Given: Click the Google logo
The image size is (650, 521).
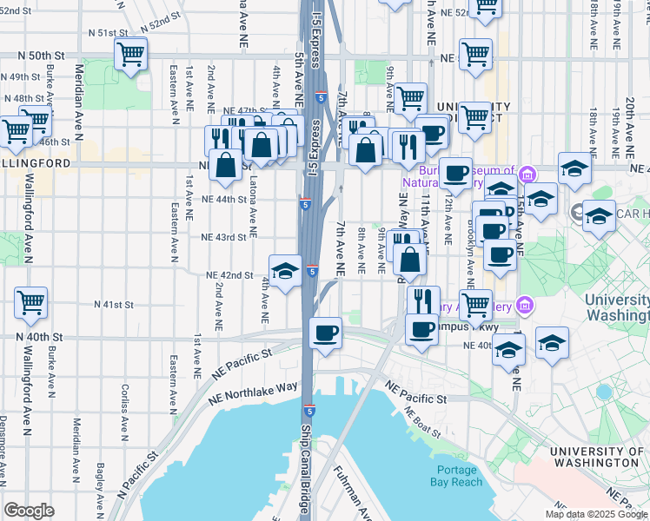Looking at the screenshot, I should pyautogui.click(x=29, y=511).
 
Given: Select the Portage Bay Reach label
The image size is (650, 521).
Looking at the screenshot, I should pyautogui.click(x=454, y=476).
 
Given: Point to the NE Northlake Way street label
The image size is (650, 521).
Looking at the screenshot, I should pyautogui.click(x=254, y=393).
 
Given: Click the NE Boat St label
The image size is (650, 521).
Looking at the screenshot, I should pyautogui.click(x=422, y=420).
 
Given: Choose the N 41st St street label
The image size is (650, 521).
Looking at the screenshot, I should pyautogui.click(x=114, y=305).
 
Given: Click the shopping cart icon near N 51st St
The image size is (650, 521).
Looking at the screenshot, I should pyautogui.click(x=130, y=56).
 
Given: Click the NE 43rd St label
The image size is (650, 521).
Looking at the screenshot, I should pyautogui.click(x=225, y=237).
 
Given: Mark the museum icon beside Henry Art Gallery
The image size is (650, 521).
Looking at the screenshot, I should pyautogui.click(x=524, y=305).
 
